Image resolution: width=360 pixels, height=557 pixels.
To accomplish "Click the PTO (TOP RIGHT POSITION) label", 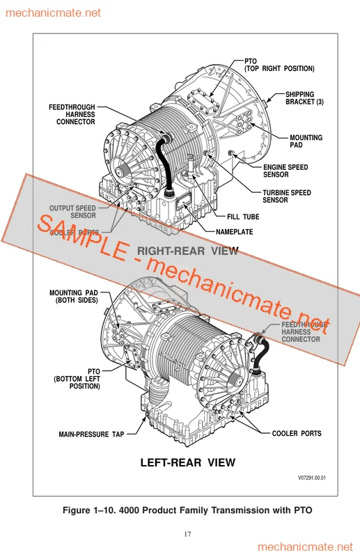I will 279,65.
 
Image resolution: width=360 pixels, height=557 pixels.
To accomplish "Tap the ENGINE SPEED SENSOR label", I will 285,171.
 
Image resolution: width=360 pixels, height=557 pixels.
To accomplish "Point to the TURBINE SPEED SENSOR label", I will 286,196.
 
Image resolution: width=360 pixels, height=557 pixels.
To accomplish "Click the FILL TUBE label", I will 242,217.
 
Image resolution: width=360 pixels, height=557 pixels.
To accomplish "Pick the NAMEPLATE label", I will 234,232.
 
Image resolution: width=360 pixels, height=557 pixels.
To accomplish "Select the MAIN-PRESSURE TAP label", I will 91,434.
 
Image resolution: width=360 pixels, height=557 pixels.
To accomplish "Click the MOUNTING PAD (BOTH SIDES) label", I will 74,297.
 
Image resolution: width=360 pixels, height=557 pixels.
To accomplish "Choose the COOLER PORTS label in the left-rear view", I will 297,434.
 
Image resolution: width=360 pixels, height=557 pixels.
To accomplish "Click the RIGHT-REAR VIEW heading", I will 187,251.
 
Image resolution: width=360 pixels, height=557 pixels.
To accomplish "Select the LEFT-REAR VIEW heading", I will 188,462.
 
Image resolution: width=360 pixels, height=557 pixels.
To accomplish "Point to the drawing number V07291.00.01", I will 312,478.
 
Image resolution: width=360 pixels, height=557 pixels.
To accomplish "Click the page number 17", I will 187,534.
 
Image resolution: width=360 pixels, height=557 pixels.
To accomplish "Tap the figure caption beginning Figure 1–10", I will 187,510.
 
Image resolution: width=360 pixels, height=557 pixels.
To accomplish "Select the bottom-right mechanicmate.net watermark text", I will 306,546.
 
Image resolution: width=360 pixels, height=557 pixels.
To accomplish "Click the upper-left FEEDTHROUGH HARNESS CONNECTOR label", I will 72,115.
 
